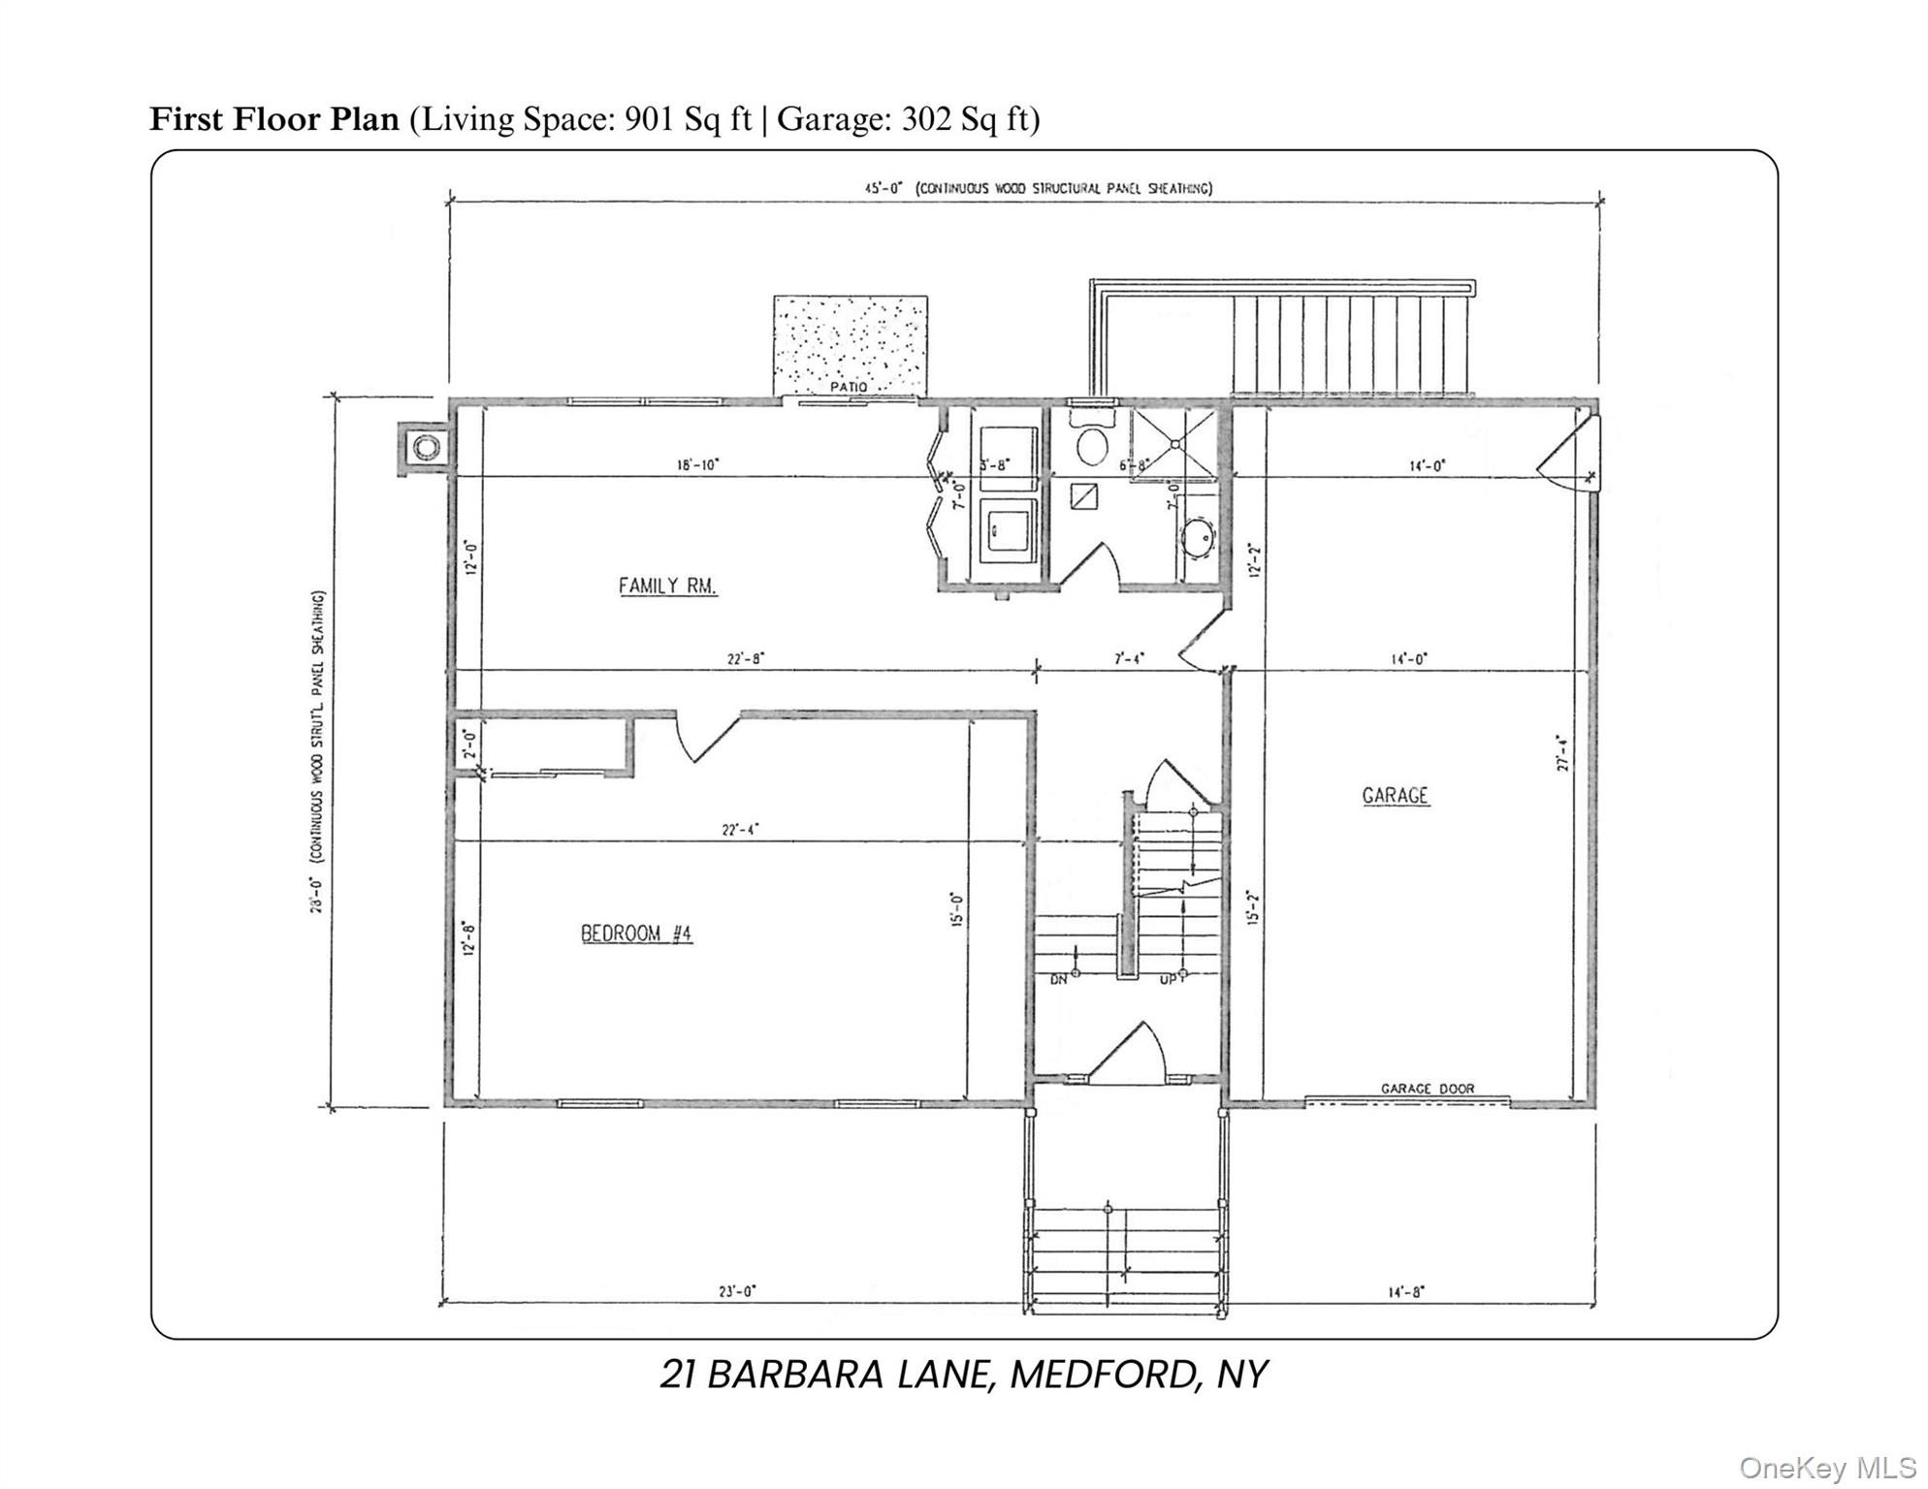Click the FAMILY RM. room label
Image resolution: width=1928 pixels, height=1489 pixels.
click(x=667, y=586)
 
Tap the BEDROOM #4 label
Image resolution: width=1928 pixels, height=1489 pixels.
click(x=635, y=934)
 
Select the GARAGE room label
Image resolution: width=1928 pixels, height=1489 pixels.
click(x=1395, y=796)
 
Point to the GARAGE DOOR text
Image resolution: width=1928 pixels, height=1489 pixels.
click(x=1427, y=1089)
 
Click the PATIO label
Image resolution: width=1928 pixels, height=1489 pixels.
click(x=848, y=387)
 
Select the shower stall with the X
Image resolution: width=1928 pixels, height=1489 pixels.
click(x=1173, y=443)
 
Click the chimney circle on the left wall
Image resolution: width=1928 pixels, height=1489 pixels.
click(x=427, y=448)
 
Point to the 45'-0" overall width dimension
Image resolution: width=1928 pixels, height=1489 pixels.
click(x=884, y=189)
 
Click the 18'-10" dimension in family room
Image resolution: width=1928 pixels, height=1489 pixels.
click(x=697, y=465)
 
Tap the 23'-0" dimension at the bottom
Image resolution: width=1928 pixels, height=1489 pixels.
click(x=738, y=1291)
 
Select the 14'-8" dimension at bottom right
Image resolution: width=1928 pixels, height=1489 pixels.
click(x=1404, y=1291)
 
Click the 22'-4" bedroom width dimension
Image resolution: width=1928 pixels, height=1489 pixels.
click(x=740, y=829)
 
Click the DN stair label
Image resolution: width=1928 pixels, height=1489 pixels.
click(x=1059, y=980)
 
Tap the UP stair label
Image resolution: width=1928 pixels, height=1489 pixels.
click(x=1170, y=980)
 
